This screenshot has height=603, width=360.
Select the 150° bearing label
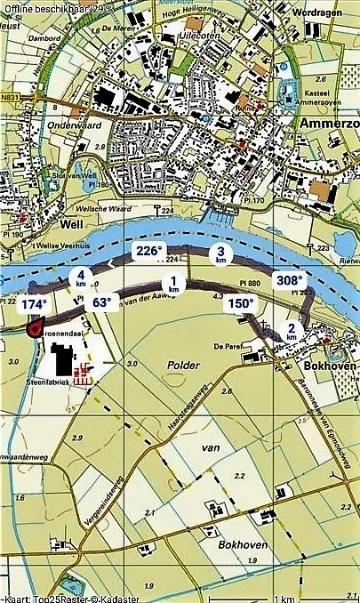click(242, 303)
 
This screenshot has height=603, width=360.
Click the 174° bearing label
click(34, 304)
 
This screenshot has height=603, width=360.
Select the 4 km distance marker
click(81, 277)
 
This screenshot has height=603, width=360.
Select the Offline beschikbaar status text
click(59, 7)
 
